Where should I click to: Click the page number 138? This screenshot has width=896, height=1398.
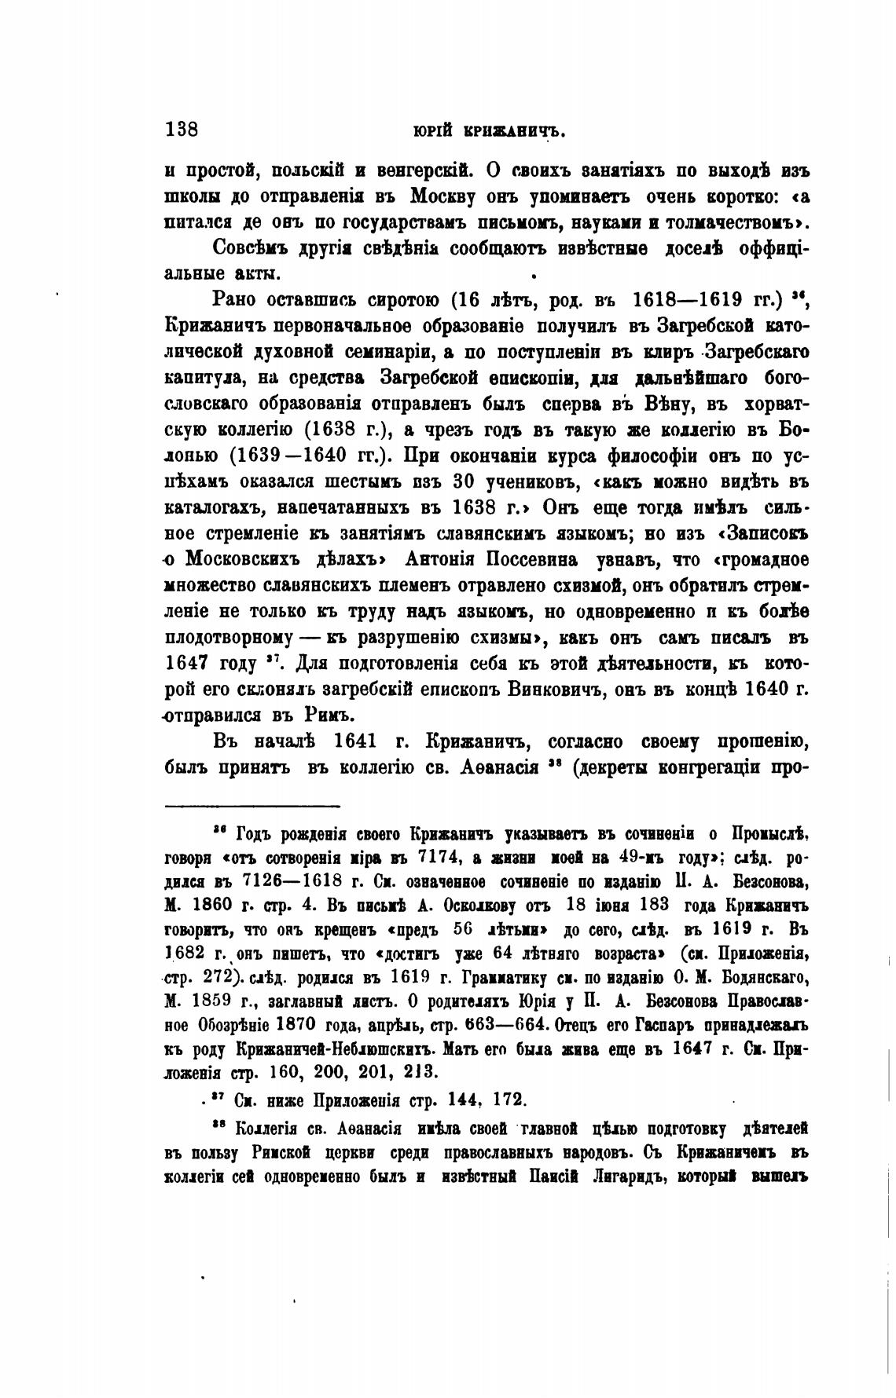182,129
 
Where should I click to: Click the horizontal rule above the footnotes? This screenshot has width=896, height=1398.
252,805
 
